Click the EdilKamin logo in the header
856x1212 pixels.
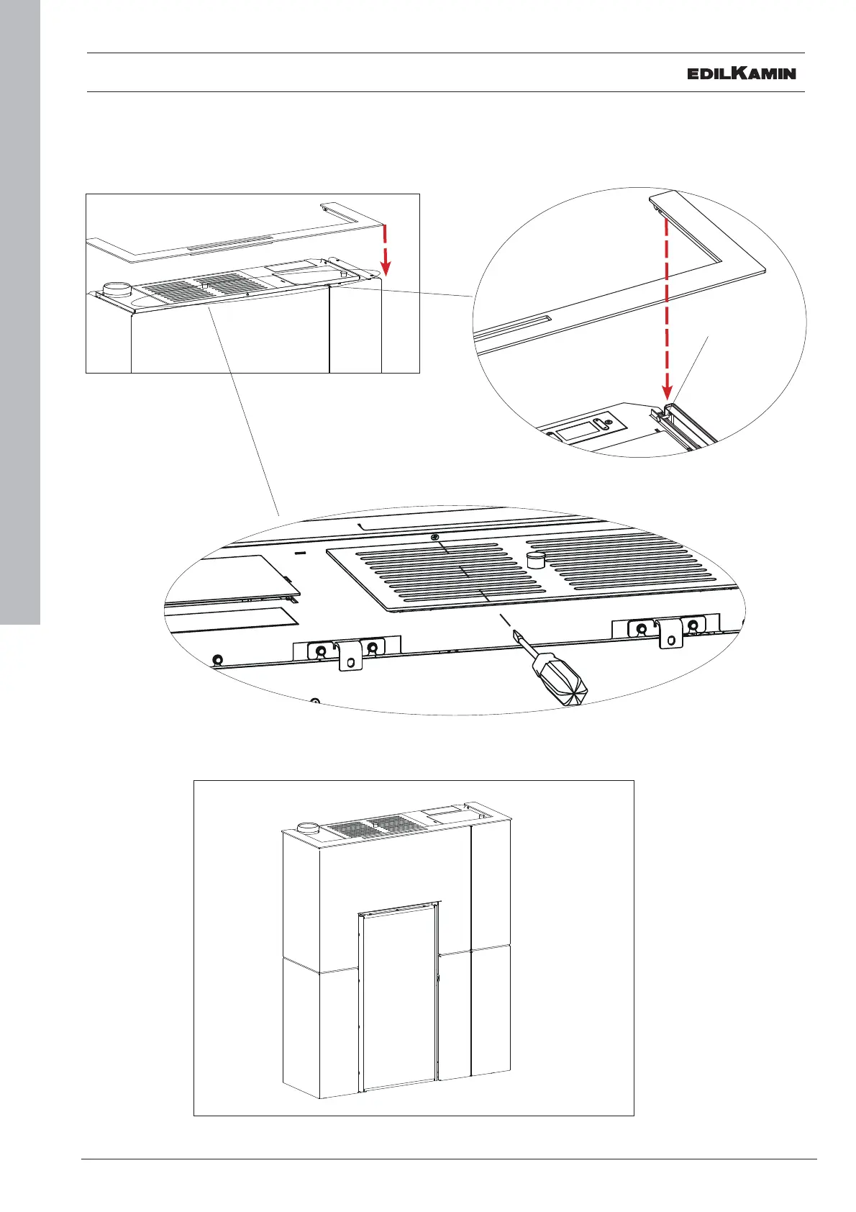coord(742,73)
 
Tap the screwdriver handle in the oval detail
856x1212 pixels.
coord(561,679)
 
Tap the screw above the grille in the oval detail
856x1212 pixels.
coord(434,538)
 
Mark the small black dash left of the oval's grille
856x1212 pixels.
coord(300,553)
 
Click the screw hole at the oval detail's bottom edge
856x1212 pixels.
coord(314,701)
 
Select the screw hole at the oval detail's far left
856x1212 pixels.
coord(218,659)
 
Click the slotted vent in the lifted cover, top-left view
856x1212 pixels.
coord(230,247)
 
